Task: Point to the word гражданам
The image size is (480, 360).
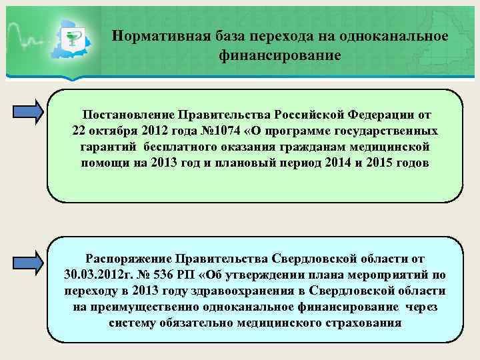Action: click(x=320, y=146)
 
